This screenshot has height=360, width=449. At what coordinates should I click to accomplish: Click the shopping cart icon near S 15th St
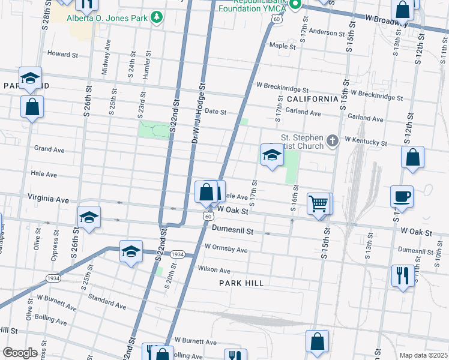coord(318,203)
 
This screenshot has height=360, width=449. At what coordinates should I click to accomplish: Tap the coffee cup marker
coord(402,196)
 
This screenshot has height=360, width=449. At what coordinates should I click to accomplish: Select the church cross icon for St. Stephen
coord(333,142)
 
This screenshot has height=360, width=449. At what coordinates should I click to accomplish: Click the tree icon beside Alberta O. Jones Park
coord(157,17)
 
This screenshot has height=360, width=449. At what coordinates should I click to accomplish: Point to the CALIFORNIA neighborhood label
coord(312,99)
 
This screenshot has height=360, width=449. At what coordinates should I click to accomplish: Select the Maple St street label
coord(283,46)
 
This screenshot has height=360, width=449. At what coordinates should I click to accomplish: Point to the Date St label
coord(215,112)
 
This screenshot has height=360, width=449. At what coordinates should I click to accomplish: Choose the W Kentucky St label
coord(366,143)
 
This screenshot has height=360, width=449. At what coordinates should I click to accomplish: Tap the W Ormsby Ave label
coord(226,248)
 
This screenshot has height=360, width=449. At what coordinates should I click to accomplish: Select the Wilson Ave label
coord(214,271)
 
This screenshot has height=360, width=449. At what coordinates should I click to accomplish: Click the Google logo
coord(20,353)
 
